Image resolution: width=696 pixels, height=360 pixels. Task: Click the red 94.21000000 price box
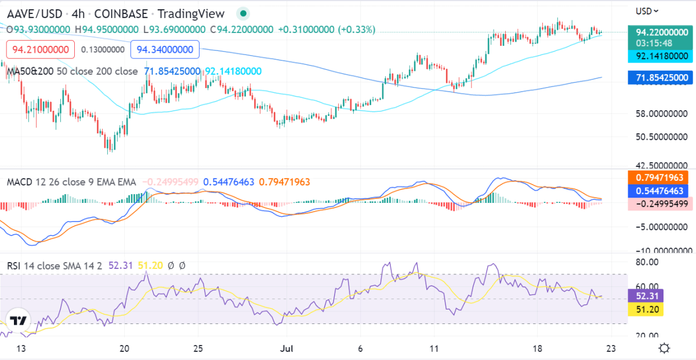click(41, 49)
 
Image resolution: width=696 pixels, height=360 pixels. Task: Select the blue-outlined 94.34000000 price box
click(165, 49)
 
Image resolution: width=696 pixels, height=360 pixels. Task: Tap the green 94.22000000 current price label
click(661, 32)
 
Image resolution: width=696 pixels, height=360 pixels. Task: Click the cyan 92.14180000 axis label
click(661, 56)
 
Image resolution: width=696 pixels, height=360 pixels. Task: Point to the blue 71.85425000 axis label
click(661, 77)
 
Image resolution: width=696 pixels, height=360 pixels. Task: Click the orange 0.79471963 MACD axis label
click(661, 177)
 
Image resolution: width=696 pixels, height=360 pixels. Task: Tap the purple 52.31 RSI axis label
click(646, 296)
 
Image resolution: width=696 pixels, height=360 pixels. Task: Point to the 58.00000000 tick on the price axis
click(661, 114)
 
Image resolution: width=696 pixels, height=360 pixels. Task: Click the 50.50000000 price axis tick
click(661, 137)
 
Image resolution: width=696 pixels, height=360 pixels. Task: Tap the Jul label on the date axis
click(285, 348)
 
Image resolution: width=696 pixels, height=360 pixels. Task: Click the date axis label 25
click(198, 348)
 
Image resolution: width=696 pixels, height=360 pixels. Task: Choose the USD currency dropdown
click(647, 10)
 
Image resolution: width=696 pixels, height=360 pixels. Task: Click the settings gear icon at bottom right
click(665, 348)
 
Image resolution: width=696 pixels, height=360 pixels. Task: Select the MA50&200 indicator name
click(27, 71)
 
